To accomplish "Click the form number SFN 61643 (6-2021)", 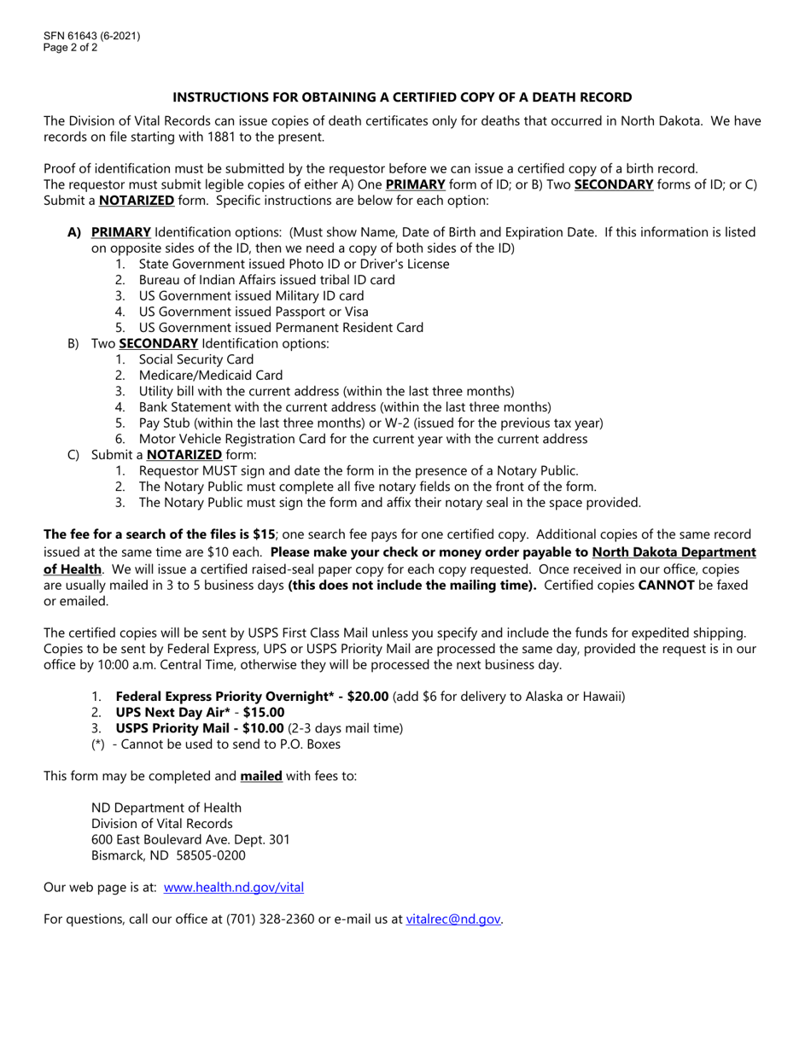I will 92,36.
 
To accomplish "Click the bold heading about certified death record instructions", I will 402,97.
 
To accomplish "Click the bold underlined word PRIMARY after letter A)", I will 121,232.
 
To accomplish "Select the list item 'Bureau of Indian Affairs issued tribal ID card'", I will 266,280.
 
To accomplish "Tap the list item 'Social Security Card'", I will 196,359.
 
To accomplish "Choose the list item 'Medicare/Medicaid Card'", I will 210,376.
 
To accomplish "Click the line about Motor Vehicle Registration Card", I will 363,439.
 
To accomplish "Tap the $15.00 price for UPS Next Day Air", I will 264,712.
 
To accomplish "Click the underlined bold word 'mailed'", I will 261,777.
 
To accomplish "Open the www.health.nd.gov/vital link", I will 233,887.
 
